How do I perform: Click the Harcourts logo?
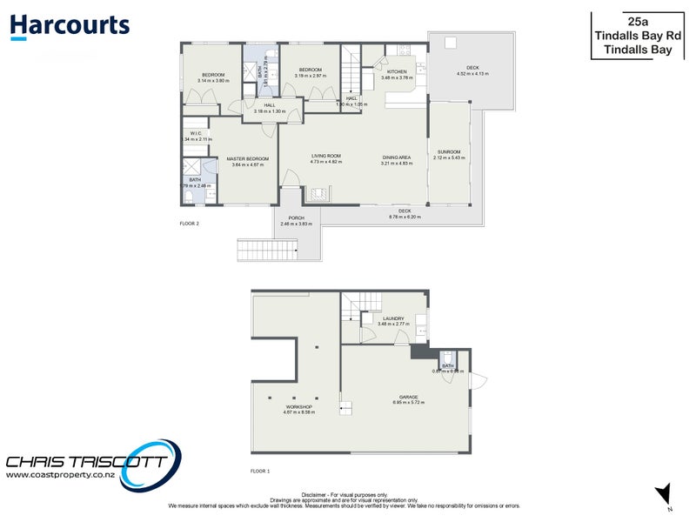coord(70,26)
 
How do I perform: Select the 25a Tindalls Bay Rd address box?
coord(641,34)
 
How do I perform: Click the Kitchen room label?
coord(397,71)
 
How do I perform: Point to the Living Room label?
coord(326,157)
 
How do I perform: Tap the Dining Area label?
coord(397,157)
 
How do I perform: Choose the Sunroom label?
coord(451,152)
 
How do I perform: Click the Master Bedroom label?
coord(248,158)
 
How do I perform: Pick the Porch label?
coord(297,217)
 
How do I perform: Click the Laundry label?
coord(394,318)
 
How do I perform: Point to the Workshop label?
coord(298,406)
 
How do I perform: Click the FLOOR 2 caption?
coord(190,224)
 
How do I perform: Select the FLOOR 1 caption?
coord(260,471)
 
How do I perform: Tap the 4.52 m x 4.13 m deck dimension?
coord(472,74)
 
